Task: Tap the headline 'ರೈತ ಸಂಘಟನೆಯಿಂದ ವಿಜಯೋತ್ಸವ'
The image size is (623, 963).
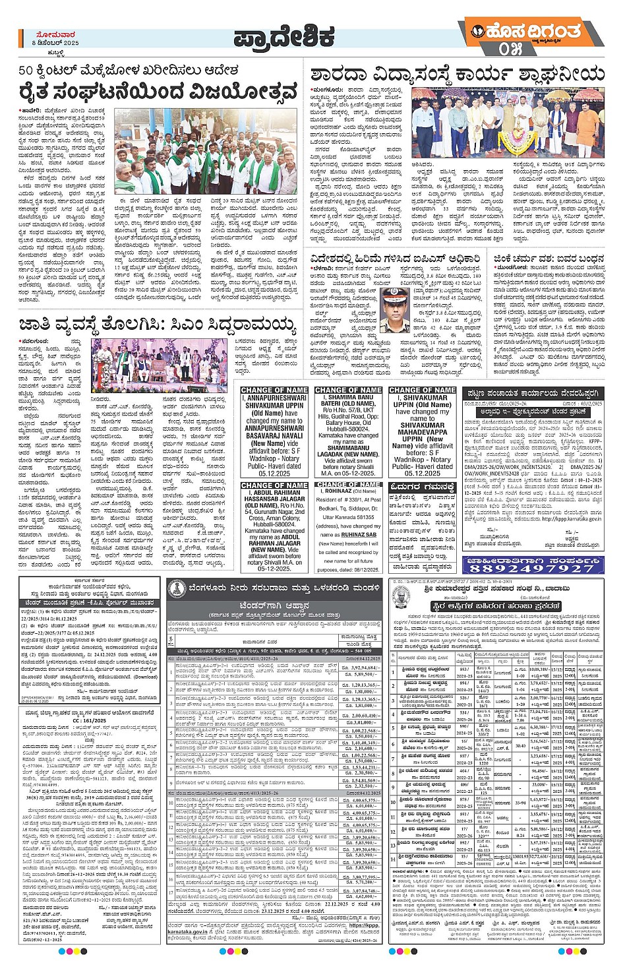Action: tap(158, 93)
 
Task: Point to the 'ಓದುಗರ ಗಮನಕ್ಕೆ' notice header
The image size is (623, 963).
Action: tap(422, 487)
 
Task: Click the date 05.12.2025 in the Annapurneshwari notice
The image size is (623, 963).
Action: tap(274, 473)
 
